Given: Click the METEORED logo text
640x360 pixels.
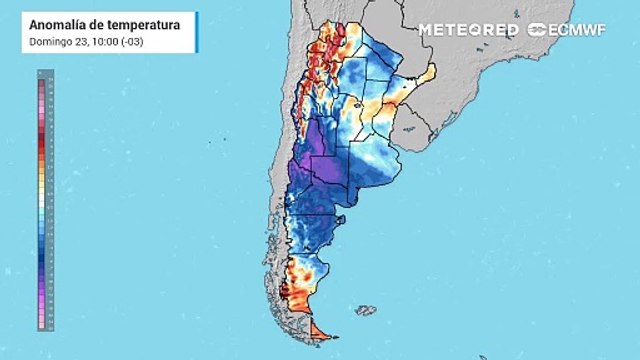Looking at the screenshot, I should (x=468, y=30).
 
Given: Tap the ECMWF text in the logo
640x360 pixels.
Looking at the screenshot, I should (x=579, y=30).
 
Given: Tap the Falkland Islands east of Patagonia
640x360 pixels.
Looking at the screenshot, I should (x=366, y=311).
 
